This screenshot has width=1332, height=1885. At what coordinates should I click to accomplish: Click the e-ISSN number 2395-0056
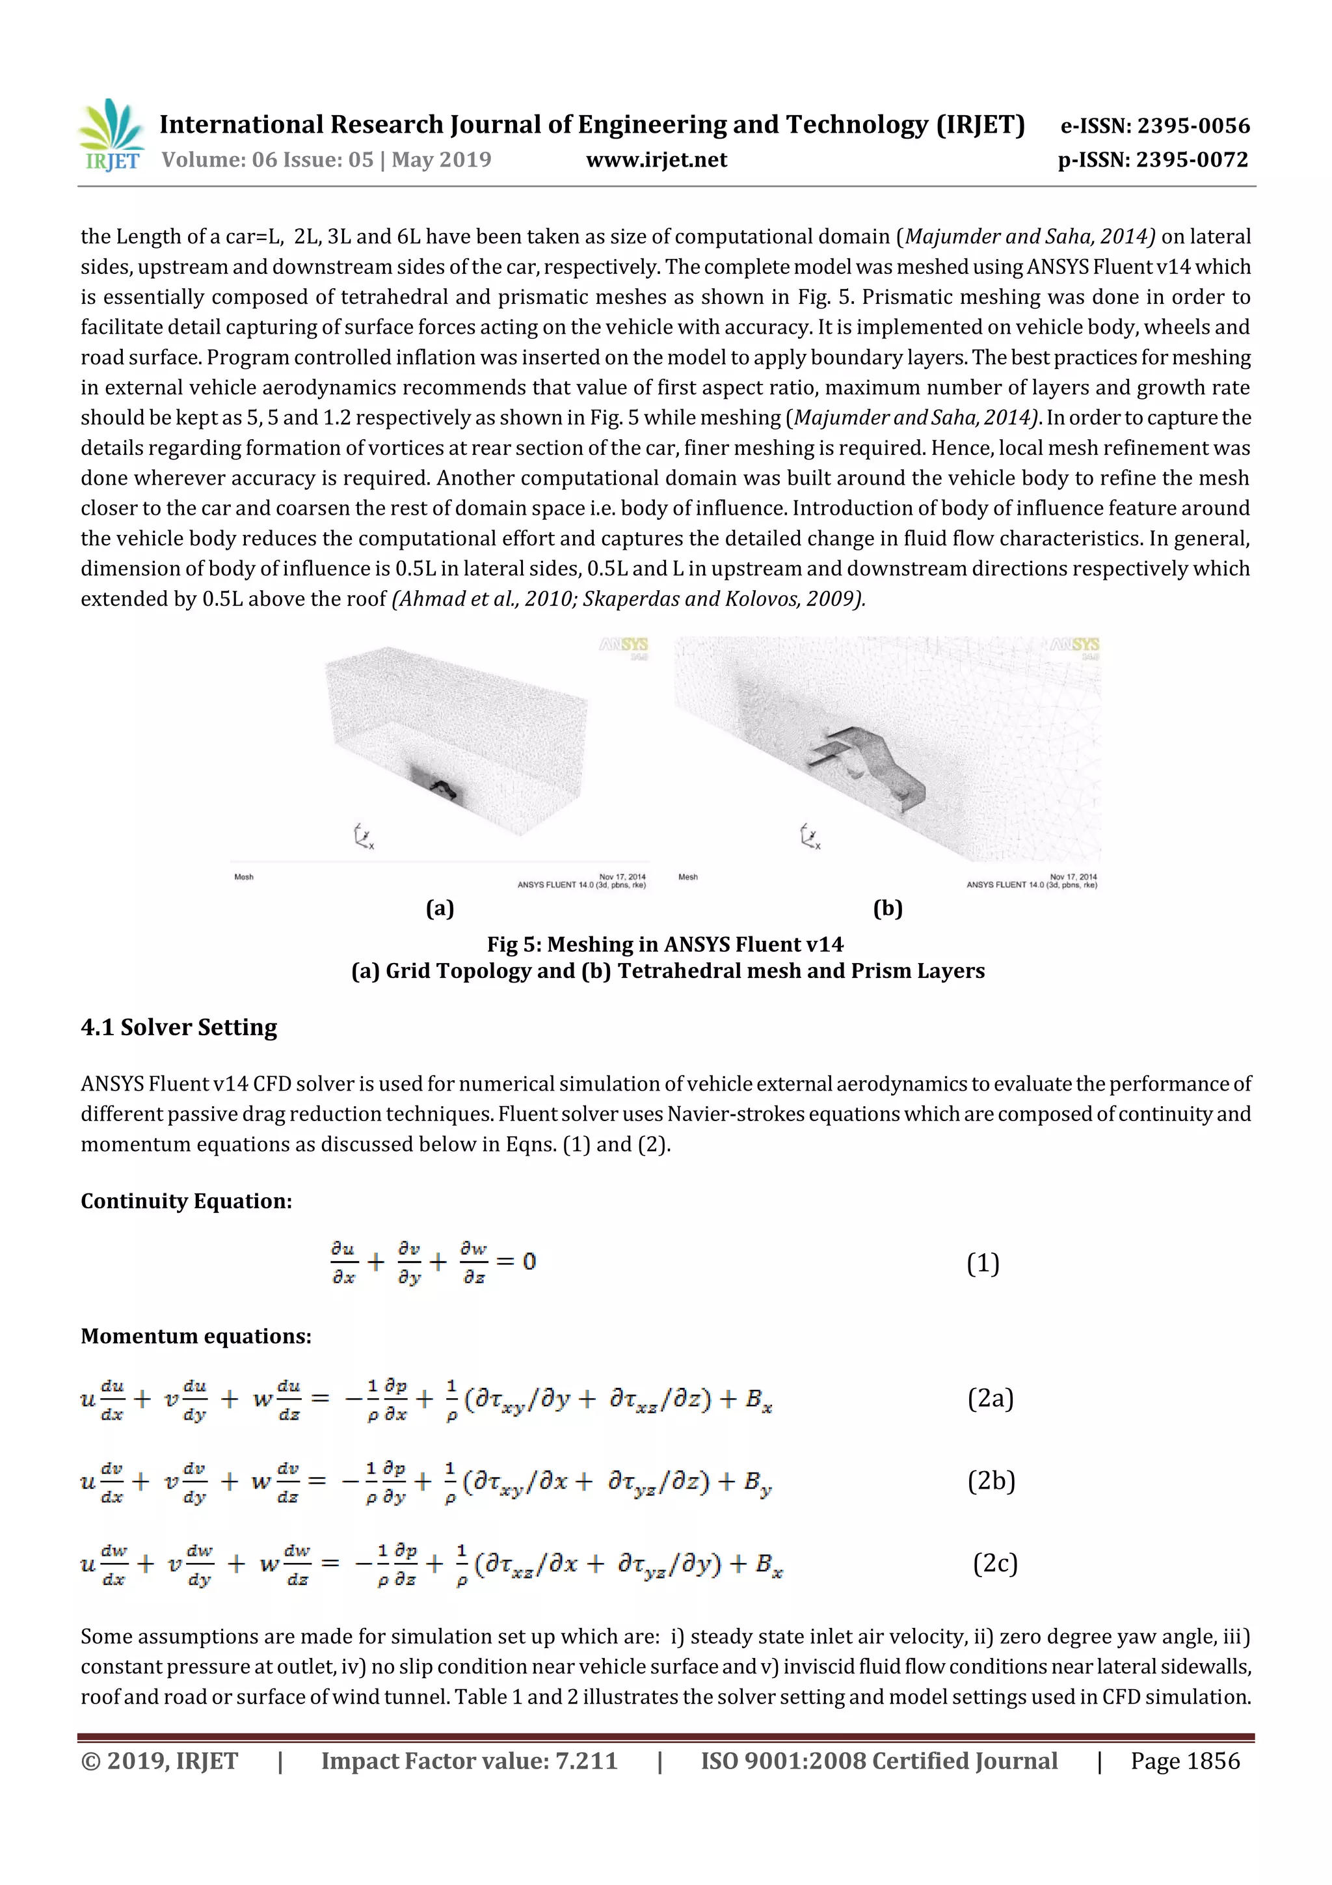[1154, 126]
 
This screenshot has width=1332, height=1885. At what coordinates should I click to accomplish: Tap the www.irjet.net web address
[656, 159]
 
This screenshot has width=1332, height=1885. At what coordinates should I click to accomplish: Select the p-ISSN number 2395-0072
[1152, 159]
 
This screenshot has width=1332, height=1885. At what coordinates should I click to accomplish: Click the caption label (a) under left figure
[440, 908]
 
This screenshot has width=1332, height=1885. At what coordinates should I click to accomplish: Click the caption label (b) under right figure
[887, 908]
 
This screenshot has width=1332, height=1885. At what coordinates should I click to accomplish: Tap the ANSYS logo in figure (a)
[624, 646]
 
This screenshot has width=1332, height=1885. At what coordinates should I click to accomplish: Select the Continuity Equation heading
[186, 1201]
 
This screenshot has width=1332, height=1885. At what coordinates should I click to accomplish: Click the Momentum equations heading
[196, 1336]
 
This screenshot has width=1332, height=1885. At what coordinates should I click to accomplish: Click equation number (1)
[982, 1263]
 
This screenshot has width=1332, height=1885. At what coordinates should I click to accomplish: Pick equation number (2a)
[990, 1398]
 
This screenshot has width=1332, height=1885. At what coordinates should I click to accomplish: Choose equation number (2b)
[991, 1480]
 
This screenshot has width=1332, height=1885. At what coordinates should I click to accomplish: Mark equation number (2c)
[994, 1562]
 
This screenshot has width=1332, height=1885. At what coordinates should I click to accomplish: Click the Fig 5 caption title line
[665, 944]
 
